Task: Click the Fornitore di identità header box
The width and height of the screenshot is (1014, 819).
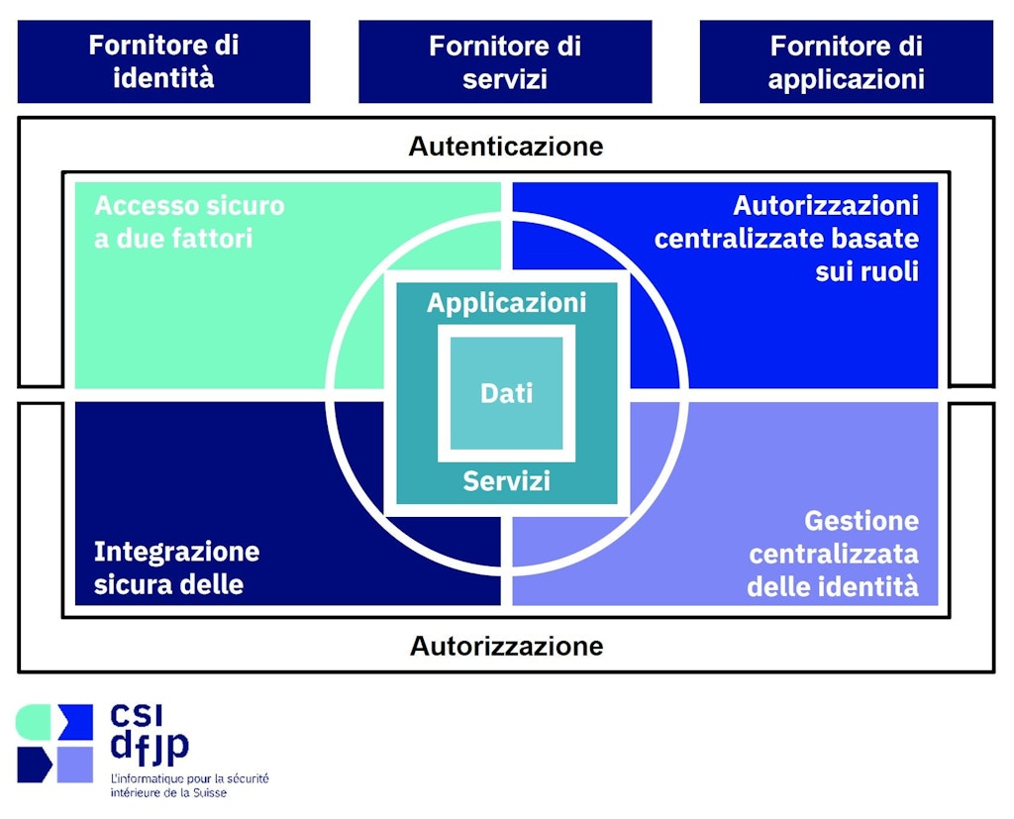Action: pos(163,61)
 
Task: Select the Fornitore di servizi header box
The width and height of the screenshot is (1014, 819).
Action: pos(505,61)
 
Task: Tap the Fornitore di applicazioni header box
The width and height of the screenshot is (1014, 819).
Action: pos(846,61)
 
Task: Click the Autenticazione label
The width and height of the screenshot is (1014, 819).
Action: pos(506,147)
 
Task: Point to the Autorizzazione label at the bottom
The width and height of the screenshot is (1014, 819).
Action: pos(506,647)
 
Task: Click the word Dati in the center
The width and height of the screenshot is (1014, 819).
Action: pos(506,393)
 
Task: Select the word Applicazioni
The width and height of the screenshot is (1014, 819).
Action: pos(506,302)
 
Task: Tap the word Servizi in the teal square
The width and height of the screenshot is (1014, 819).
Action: pos(506,482)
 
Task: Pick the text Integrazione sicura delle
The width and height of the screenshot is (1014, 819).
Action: pos(176,567)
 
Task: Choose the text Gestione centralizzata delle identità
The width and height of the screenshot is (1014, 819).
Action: pos(833,554)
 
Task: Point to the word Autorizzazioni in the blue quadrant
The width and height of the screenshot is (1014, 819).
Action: pos(826,206)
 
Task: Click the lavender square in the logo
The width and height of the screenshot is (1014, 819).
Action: pos(75,765)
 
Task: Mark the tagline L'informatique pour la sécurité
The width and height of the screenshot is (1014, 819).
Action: pos(189,778)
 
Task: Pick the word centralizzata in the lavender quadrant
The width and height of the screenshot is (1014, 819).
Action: pos(833,554)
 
